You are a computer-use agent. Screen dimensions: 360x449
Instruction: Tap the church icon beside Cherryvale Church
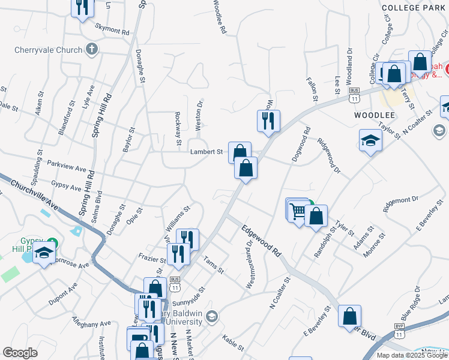tap(92, 49)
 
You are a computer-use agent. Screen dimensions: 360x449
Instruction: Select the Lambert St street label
tap(206, 152)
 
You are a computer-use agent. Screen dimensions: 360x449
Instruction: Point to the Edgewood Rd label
tap(261, 241)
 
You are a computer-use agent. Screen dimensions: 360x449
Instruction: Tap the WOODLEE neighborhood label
tap(374, 115)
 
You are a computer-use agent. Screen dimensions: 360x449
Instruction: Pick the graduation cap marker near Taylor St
tap(370, 141)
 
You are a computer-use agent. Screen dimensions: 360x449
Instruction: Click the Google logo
tap(20, 353)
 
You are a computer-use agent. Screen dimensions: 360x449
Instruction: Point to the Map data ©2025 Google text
tap(412, 355)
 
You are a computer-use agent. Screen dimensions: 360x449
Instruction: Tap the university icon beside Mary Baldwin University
tap(211, 316)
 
